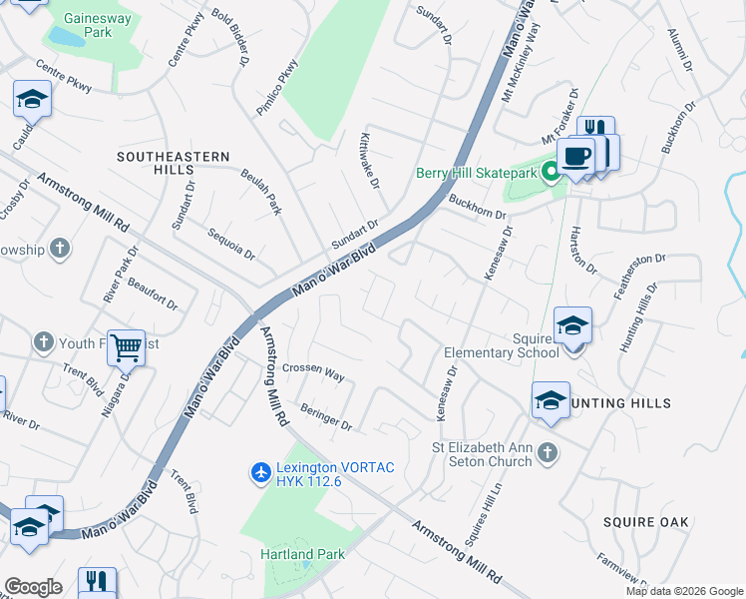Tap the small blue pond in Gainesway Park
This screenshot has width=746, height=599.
click(65, 38)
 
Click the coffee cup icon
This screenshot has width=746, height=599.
click(575, 155)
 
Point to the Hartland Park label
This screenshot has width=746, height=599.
click(301, 554)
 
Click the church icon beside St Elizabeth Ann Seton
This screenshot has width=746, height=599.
click(546, 454)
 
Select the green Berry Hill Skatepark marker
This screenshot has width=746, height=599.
click(550, 173)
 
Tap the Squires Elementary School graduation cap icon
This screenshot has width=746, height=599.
click(572, 325)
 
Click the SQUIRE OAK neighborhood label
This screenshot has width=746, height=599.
click(646, 522)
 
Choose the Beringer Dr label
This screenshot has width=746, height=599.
click(326, 417)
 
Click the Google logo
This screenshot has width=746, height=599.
click(33, 587)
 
